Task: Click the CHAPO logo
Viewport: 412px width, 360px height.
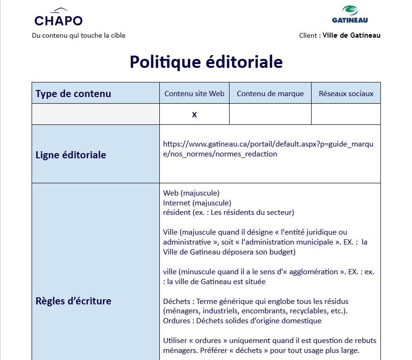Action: pyautogui.click(x=58, y=18)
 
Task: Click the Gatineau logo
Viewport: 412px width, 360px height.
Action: pyautogui.click(x=350, y=15)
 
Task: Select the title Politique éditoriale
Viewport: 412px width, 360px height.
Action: pyautogui.click(x=206, y=62)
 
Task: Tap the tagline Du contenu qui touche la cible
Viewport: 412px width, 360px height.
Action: pyautogui.click(x=79, y=35)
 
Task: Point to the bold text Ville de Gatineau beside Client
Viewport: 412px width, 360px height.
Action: pyautogui.click(x=351, y=35)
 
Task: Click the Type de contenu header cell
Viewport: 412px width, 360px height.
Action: pyautogui.click(x=73, y=93)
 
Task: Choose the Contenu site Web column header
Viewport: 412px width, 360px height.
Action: pyautogui.click(x=194, y=93)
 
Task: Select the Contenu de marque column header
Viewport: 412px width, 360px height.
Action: pyautogui.click(x=270, y=93)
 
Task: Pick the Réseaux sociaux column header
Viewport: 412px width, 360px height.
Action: pyautogui.click(x=346, y=93)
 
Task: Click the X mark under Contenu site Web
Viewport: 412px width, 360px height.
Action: pyautogui.click(x=194, y=115)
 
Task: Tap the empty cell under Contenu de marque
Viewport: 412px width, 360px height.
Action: pyautogui.click(x=270, y=115)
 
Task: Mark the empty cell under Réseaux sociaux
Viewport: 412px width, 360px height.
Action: pyautogui.click(x=346, y=115)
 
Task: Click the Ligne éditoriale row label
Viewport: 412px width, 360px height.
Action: pyautogui.click(x=71, y=155)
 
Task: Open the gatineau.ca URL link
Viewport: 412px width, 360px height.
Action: pyautogui.click(x=268, y=149)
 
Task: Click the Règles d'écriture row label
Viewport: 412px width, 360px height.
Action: pyautogui.click(x=73, y=301)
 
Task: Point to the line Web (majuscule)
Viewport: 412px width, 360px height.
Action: pyautogui.click(x=191, y=193)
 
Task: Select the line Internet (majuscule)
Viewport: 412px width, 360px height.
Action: pyautogui.click(x=197, y=203)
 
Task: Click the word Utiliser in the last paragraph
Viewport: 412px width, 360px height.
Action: pyautogui.click(x=176, y=341)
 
